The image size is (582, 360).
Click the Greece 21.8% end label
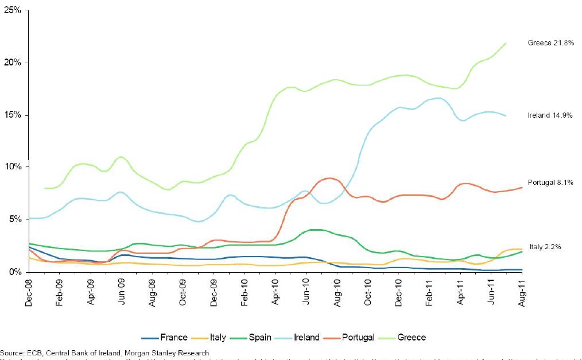(x=551, y=43)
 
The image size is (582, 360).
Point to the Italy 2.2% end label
(x=545, y=247)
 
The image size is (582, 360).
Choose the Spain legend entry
(x=254, y=338)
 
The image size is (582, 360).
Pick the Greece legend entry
(x=405, y=338)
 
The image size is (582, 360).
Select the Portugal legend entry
(x=351, y=338)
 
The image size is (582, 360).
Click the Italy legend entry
(x=211, y=338)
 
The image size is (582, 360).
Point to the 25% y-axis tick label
(x=13, y=10)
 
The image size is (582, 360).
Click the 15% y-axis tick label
(x=13, y=115)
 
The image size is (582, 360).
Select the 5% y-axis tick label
(x=15, y=219)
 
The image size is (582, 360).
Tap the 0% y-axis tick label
(x=15, y=272)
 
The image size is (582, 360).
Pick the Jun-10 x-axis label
(x=306, y=293)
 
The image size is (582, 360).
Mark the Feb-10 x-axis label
(x=245, y=293)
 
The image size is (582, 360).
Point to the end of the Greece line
(x=506, y=43)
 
